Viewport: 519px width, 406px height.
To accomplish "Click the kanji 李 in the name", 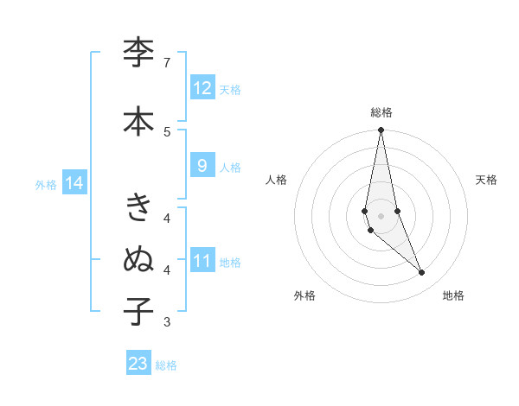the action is (138, 54).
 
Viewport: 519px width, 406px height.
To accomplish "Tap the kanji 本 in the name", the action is (138, 121).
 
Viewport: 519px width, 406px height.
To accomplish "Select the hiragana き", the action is (138, 208).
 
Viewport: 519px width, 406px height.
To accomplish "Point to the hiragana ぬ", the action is (138, 258).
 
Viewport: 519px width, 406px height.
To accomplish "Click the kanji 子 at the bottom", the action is (138, 311).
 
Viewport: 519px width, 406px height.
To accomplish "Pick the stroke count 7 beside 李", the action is (167, 63).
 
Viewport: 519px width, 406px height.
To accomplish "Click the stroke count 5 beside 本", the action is (167, 131).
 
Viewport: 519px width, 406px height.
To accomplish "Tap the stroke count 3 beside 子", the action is (167, 322).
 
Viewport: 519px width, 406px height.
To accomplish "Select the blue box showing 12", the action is (202, 88).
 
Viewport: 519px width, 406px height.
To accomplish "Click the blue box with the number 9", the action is (202, 166).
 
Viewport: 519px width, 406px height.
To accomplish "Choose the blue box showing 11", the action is (202, 261).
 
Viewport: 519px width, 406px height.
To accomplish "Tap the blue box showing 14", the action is (74, 183).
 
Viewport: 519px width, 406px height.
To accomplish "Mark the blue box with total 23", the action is (138, 364).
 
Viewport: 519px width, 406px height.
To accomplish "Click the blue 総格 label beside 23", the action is (166, 365).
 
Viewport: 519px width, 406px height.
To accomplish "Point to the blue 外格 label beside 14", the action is (46, 185).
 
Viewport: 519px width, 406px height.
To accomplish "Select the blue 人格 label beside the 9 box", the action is (230, 168).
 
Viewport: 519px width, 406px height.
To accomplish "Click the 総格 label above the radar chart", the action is (381, 112).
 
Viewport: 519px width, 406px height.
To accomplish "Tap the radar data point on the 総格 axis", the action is (381, 130).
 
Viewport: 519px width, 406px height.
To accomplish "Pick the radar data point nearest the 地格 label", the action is (422, 273).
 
